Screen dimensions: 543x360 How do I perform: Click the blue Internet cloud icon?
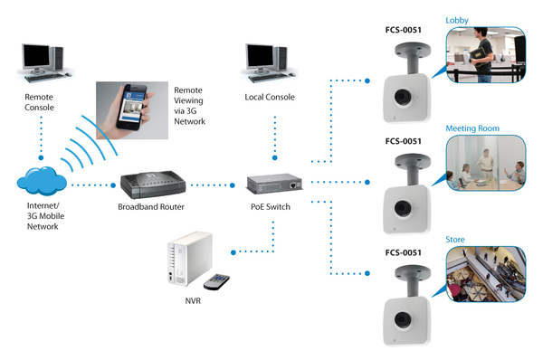[x=42, y=181]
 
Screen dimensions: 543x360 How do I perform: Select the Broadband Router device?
[x=153, y=185]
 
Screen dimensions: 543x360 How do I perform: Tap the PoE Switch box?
[x=274, y=184]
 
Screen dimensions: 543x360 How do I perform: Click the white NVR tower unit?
[x=190, y=259]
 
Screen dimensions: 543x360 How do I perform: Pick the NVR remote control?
[x=216, y=281]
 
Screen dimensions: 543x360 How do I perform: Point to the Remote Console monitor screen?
[x=36, y=56]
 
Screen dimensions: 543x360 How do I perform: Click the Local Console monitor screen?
[x=260, y=56]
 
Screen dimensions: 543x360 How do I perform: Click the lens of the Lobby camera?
[x=403, y=97]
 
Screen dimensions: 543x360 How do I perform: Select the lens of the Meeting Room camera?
[x=403, y=209]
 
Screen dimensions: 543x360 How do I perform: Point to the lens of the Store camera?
[x=403, y=320]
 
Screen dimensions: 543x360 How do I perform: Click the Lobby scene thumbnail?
[x=486, y=55]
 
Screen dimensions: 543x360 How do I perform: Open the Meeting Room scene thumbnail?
[x=486, y=163]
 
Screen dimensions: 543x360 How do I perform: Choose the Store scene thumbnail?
[x=486, y=274]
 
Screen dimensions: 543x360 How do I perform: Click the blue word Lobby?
[x=457, y=21]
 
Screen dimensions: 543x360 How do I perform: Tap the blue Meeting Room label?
[x=472, y=128]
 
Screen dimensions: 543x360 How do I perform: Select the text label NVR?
[x=193, y=301]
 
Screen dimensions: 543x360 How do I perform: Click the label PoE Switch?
[x=271, y=206]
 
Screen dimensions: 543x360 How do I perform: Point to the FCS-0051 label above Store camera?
[x=403, y=252]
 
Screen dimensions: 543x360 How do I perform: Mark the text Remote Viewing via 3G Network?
[x=189, y=106]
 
